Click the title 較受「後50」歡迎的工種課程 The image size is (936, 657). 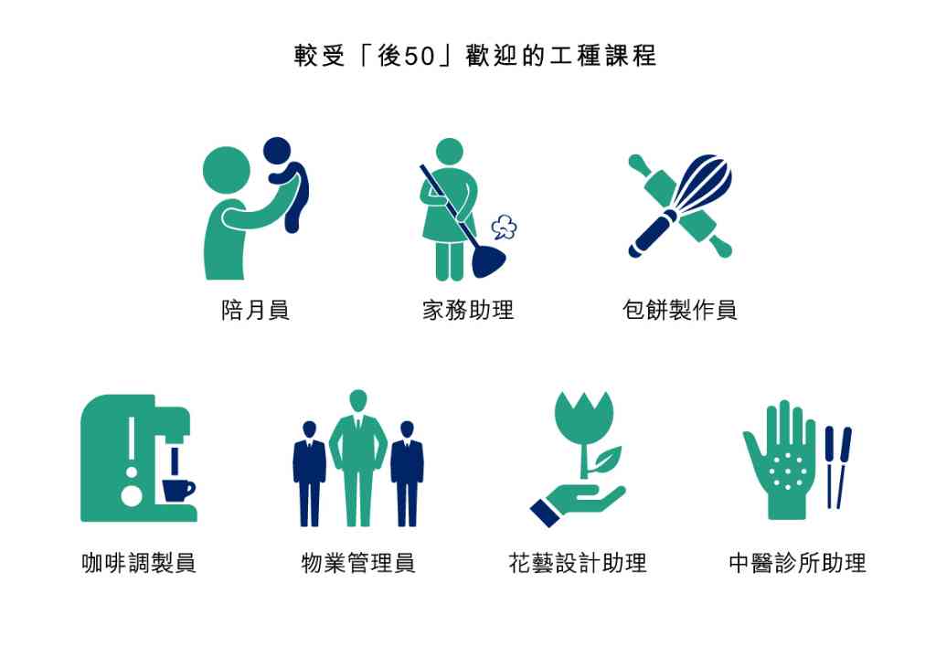click(475, 56)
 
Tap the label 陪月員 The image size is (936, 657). click(256, 310)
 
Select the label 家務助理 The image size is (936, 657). click(468, 310)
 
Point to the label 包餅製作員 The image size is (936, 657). click(680, 310)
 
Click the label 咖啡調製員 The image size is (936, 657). click(139, 563)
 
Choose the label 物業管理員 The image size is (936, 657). click(358, 563)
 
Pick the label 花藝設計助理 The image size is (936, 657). click(578, 563)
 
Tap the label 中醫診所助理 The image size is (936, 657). click(797, 563)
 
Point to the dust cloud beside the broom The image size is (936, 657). click(504, 228)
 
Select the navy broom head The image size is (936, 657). click(488, 262)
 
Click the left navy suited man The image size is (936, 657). click(309, 474)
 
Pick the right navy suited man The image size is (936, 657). click(407, 474)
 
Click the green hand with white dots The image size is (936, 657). click(780, 462)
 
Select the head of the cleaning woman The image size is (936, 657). click(450, 152)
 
